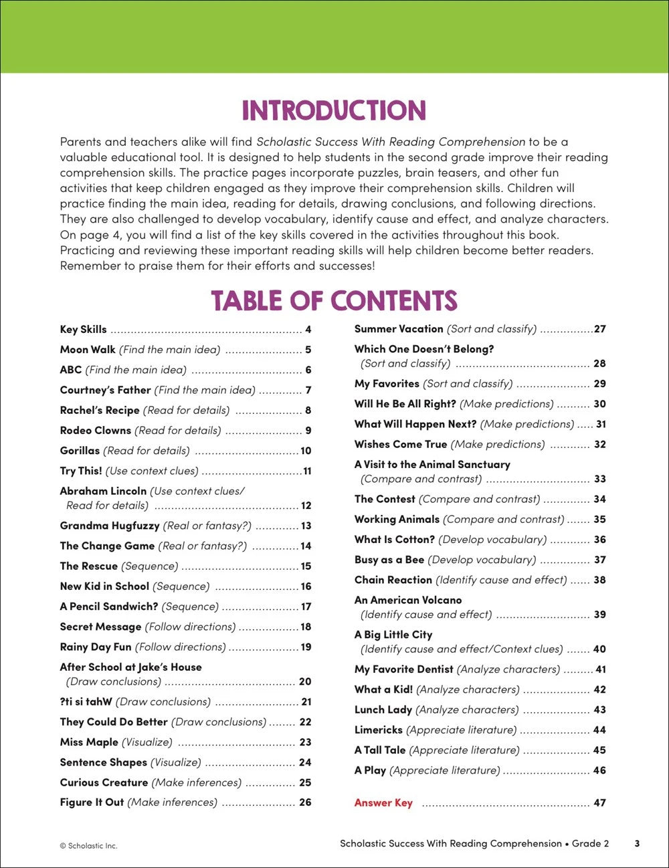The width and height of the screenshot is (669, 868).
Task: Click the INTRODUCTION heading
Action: click(x=334, y=111)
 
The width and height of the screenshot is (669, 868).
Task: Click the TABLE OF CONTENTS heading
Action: click(x=334, y=301)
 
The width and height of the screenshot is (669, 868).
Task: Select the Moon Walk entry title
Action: click(x=88, y=350)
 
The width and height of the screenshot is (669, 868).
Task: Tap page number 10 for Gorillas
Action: click(x=306, y=451)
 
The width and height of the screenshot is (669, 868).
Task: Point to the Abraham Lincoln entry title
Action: click(x=103, y=491)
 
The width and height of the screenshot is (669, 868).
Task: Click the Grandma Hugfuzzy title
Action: click(x=110, y=526)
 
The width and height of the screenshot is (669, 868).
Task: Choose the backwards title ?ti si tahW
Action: click(x=86, y=702)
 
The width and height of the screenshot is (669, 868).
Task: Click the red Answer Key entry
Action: click(x=383, y=803)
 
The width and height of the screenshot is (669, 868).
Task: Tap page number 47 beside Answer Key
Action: click(x=599, y=803)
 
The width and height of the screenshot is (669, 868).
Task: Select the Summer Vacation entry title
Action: click(x=399, y=329)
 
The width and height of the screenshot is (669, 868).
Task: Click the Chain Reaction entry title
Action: click(x=393, y=580)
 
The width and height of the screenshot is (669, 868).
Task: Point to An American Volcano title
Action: click(x=408, y=601)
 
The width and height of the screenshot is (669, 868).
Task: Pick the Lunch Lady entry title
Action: click(x=383, y=710)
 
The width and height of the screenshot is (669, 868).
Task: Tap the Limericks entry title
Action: click(x=379, y=730)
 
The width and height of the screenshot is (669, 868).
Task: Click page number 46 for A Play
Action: click(x=599, y=770)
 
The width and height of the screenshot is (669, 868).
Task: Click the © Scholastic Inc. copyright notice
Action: click(x=88, y=846)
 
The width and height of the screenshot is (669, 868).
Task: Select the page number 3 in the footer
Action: click(x=637, y=843)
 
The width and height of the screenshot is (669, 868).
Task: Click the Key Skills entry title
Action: click(x=83, y=329)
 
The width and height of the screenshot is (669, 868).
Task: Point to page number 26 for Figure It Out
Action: click(x=305, y=802)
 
